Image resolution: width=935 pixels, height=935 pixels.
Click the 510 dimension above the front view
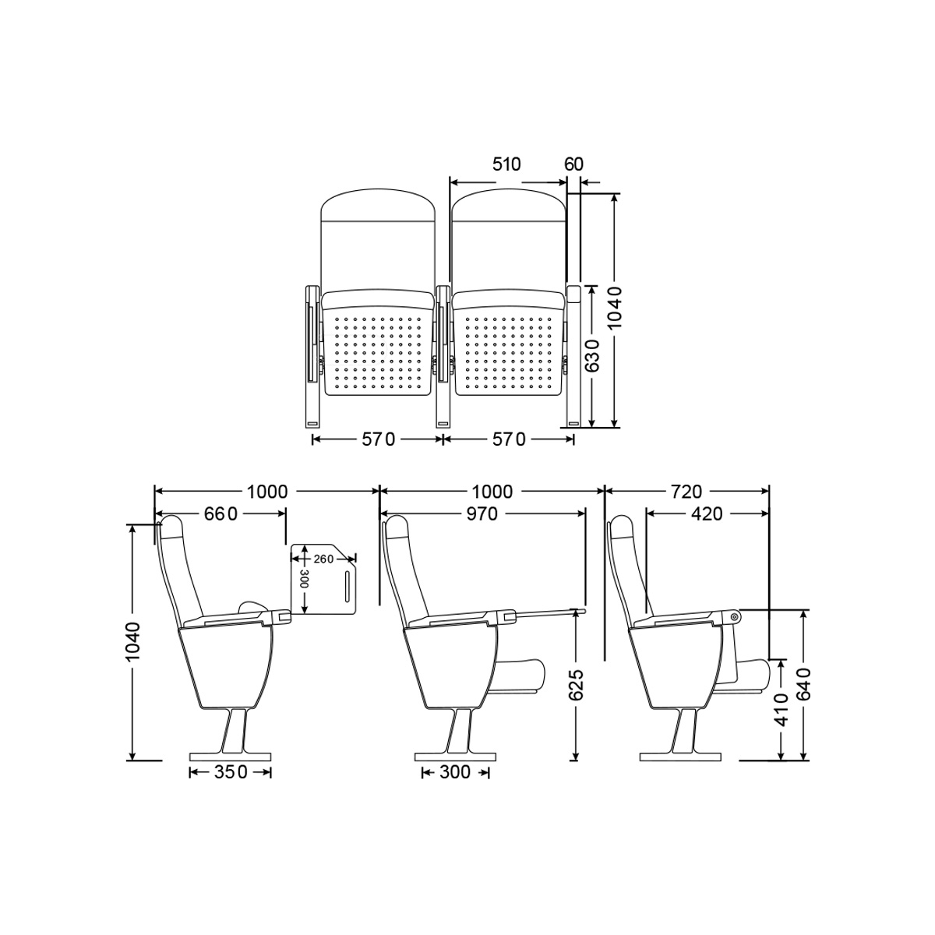pos(506,165)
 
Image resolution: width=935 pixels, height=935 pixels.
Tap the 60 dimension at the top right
pos(573,165)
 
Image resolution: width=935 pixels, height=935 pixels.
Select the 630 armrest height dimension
pos(592,355)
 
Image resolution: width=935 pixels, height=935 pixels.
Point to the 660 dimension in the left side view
pos(221,513)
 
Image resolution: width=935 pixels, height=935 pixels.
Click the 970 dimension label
pos(482,513)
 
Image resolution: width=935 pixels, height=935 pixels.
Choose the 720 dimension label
pos(687,492)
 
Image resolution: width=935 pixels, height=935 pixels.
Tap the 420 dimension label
pos(707,513)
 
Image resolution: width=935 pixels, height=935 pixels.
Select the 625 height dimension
pos(576,686)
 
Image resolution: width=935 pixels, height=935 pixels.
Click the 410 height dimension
pos(781,709)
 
